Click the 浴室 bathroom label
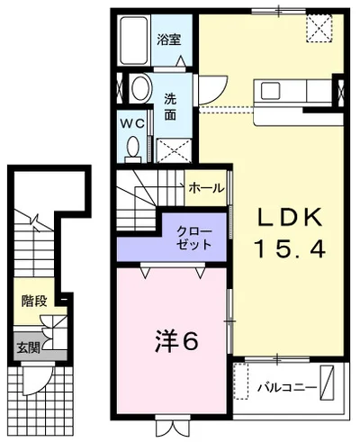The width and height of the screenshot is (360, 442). (x=169, y=40)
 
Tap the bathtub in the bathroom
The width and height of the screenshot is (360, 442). (x=134, y=41)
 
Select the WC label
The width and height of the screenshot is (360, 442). (x=132, y=123)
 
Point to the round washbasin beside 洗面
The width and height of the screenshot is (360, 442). (x=141, y=89)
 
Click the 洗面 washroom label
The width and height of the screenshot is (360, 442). (x=170, y=107)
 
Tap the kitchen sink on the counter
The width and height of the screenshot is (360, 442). (x=270, y=91)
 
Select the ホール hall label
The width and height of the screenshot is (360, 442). (x=206, y=188)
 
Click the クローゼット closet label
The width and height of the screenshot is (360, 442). (x=193, y=239)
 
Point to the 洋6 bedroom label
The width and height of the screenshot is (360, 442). (x=176, y=342)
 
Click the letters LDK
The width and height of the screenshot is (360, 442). (x=289, y=217)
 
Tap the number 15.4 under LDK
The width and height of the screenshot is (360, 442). (x=290, y=250)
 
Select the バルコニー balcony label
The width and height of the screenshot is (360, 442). (x=287, y=387)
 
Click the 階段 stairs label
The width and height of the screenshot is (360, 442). (x=34, y=301)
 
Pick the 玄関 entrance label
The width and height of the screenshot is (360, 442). (x=28, y=347)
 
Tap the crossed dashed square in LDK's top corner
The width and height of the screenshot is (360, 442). (x=319, y=27)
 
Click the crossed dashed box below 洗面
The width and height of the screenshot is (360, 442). (x=174, y=150)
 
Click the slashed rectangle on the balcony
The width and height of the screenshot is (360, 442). (x=327, y=382)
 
